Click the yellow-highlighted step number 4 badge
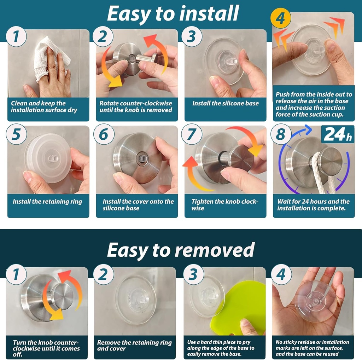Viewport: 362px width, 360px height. pyautogui.click(x=280, y=18)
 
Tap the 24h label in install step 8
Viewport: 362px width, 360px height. pyautogui.click(x=338, y=134)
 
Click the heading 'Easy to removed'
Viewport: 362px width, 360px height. pyautogui.click(x=181, y=250)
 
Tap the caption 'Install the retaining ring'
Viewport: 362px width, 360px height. pyautogui.click(x=47, y=202)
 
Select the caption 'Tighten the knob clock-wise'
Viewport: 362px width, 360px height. pyautogui.click(x=225, y=205)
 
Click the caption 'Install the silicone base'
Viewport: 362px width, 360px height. pyautogui.click(x=225, y=103)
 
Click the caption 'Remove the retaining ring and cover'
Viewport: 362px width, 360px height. pyautogui.click(x=134, y=346)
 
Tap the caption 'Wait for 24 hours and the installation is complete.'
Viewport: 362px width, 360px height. pyautogui.click(x=313, y=205)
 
